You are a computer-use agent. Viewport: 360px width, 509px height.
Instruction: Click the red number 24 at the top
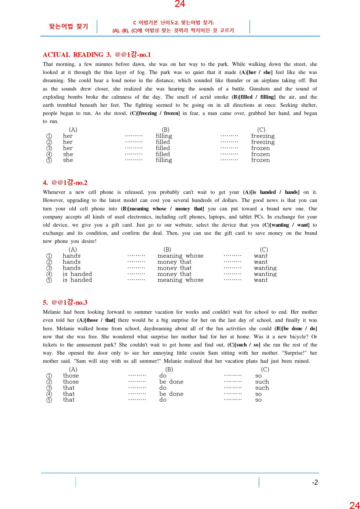click(180, 4)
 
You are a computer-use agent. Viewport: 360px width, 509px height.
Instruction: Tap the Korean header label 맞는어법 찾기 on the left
click(69, 26)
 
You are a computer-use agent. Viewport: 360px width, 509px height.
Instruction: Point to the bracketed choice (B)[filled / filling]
click(253, 97)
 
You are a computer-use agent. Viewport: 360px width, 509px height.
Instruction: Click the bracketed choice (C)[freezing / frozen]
click(155, 113)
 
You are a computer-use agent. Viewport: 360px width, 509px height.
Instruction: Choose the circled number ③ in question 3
click(49, 148)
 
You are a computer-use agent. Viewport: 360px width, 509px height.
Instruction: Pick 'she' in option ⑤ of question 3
click(68, 160)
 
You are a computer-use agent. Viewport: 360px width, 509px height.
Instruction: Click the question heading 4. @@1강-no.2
click(65, 183)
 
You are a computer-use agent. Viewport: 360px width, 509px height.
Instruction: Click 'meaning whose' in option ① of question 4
click(180, 256)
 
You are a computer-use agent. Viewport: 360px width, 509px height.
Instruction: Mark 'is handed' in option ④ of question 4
click(77, 274)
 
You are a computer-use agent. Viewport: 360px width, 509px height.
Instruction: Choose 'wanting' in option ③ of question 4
click(265, 268)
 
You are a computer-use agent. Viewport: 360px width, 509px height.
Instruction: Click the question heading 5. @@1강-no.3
click(65, 302)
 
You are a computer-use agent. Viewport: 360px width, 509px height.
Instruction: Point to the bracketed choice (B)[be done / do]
click(296, 328)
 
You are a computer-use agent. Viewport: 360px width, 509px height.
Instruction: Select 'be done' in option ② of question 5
click(171, 382)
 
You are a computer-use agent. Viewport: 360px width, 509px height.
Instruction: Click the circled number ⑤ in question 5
click(49, 400)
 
